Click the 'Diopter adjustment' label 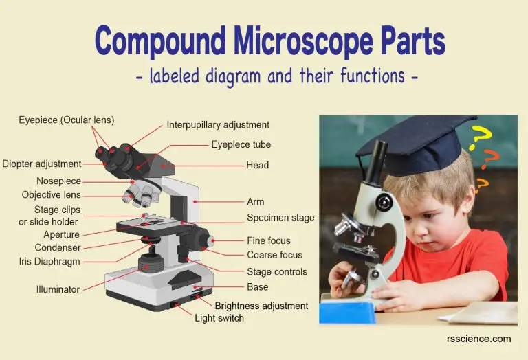click(x=42, y=164)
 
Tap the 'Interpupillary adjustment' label click(x=218, y=125)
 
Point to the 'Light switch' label click(x=219, y=318)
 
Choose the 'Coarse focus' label click(x=274, y=255)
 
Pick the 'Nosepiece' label click(x=58, y=181)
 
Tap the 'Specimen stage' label click(x=280, y=218)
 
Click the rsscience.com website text click(x=478, y=338)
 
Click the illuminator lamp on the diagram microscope click(x=149, y=263)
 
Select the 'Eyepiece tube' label click(x=241, y=145)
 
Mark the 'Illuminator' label click(x=58, y=290)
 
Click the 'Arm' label click(x=255, y=202)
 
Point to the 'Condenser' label click(x=58, y=248)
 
